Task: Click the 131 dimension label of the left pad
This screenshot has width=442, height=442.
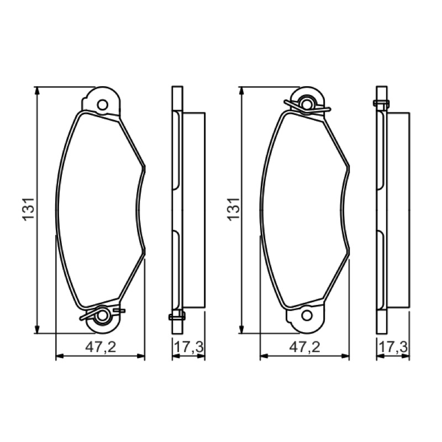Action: pyautogui.click(x=29, y=209)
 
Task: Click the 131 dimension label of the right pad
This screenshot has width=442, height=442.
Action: pyautogui.click(x=234, y=209)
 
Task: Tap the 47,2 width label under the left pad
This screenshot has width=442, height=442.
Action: pyautogui.click(x=101, y=347)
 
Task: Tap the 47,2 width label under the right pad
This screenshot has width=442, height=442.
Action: pyautogui.click(x=305, y=347)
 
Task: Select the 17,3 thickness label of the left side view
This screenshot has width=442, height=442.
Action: pyautogui.click(x=188, y=347)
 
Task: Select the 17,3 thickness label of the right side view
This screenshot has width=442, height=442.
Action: pyautogui.click(x=393, y=347)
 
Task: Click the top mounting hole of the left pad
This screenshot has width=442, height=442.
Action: pyautogui.click(x=102, y=105)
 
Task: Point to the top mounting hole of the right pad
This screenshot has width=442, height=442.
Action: pyautogui.click(x=307, y=104)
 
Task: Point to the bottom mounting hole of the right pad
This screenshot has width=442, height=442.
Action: pyautogui.click(x=307, y=315)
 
